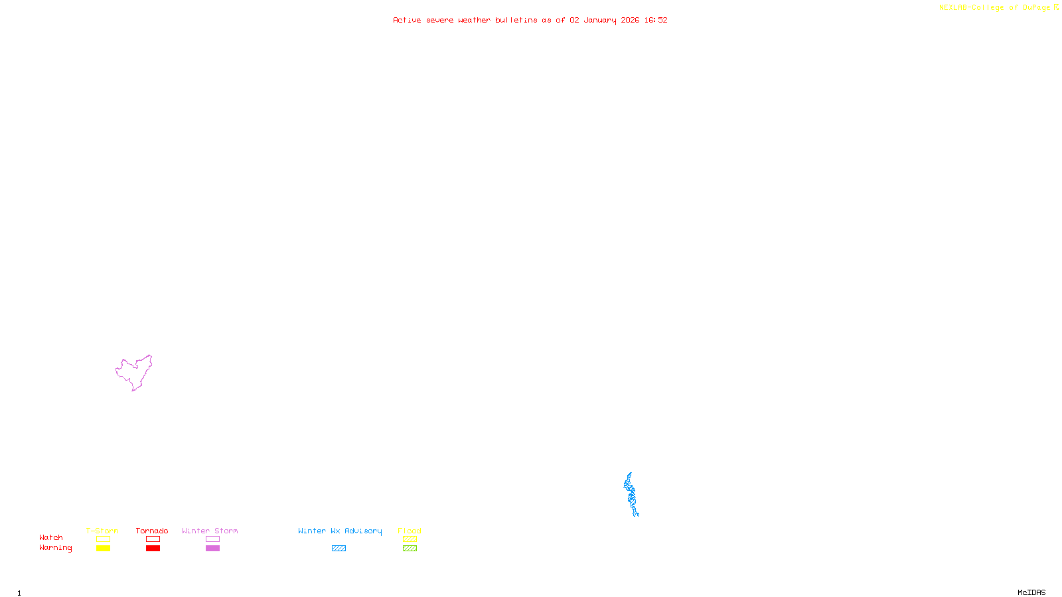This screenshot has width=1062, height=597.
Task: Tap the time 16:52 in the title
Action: [x=655, y=20]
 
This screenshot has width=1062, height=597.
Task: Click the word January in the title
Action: [x=599, y=20]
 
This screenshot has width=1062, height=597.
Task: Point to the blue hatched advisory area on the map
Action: [x=631, y=495]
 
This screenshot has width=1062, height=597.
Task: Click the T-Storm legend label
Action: [x=102, y=531]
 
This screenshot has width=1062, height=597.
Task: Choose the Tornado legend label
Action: [x=152, y=531]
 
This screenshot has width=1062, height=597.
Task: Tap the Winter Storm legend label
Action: [x=210, y=531]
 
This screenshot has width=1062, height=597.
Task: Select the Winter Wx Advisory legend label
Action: [x=340, y=531]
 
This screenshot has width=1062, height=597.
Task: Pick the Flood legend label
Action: [x=410, y=531]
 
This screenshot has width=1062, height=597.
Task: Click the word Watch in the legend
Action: [x=51, y=537]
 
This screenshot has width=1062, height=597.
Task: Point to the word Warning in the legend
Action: [x=55, y=548]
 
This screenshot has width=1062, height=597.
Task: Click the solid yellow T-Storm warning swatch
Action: [x=103, y=549]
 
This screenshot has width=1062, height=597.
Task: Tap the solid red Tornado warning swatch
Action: [x=153, y=549]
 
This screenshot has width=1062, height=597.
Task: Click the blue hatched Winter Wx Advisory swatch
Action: [x=339, y=549]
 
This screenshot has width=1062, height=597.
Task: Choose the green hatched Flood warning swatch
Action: [x=410, y=549]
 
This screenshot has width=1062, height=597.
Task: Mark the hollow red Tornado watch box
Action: [x=153, y=539]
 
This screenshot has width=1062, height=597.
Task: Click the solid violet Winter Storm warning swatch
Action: [x=212, y=549]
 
